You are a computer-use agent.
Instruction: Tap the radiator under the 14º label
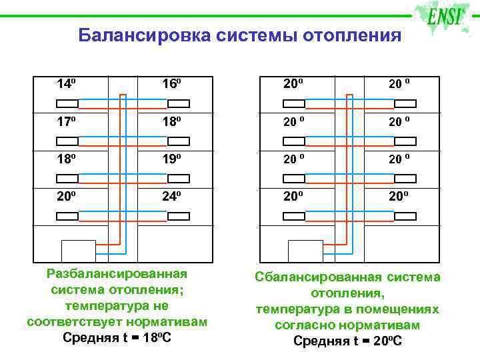pos(67,103)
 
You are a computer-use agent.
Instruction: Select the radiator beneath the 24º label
pos(179,217)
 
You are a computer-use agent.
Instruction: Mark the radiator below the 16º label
pos(179,103)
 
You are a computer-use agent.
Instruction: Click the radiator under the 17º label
pos(67,141)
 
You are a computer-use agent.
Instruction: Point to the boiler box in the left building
pos(78,251)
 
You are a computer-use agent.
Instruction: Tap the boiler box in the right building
pos(305,251)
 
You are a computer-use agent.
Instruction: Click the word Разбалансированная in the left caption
pos(117,274)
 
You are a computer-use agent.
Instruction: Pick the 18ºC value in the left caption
pos(155,337)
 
